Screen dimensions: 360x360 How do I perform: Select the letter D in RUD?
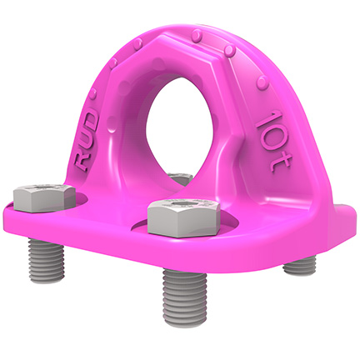(90, 121)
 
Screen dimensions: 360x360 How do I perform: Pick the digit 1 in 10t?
(265, 119)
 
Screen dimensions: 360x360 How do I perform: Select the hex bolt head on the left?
(44, 197)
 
